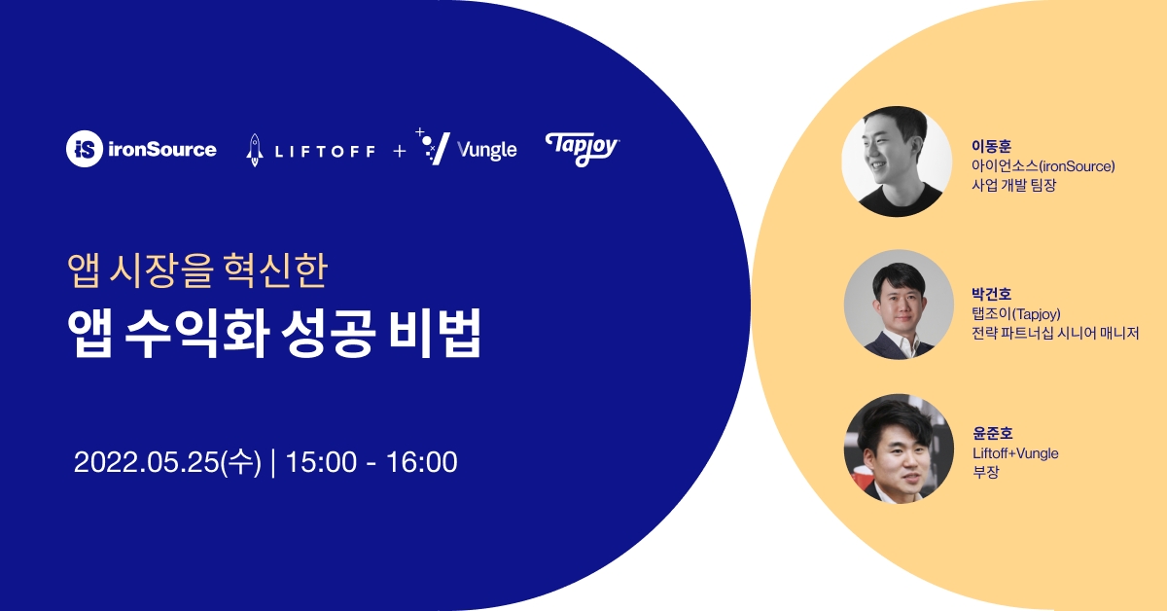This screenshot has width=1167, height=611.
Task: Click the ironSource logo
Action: tap(142, 149)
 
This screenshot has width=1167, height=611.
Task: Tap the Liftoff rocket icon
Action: tap(255, 150)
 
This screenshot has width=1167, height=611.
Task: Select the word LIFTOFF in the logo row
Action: tap(323, 151)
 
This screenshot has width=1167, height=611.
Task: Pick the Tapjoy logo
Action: tap(582, 148)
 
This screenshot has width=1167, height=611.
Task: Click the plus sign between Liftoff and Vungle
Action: tap(400, 151)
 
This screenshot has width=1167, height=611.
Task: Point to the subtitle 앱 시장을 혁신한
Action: tap(198, 271)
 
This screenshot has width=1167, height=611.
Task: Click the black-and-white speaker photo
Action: tap(897, 162)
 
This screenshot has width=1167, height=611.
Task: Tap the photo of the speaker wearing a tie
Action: tap(897, 305)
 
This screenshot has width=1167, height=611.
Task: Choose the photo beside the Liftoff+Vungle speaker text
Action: tap(897, 449)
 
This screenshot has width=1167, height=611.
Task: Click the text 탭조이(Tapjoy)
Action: tap(1015, 313)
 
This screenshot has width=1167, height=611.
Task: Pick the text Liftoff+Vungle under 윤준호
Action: tap(1015, 453)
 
